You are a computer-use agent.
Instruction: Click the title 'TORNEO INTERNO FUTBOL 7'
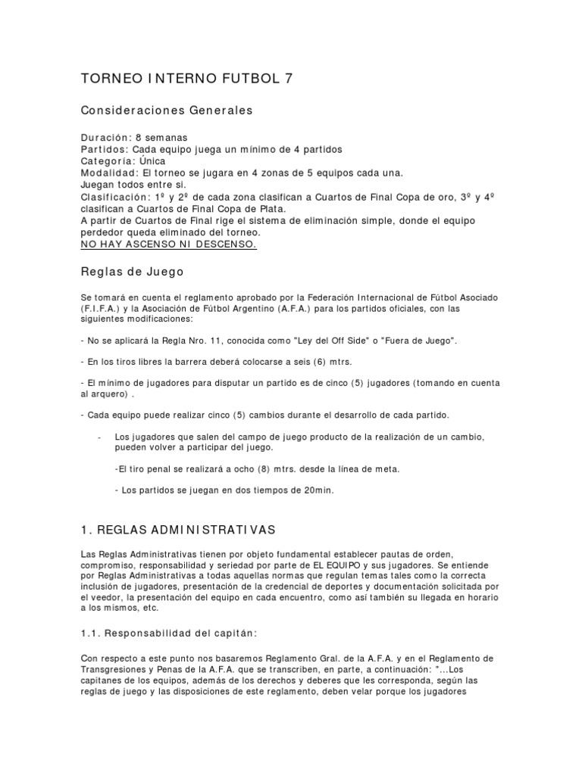click(x=186, y=79)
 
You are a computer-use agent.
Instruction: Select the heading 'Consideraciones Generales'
click(x=167, y=110)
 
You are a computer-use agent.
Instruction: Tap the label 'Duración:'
click(x=105, y=138)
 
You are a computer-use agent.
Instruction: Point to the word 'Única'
click(x=152, y=161)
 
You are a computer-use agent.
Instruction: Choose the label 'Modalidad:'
click(x=110, y=173)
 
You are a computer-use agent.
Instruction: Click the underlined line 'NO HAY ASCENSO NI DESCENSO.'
click(x=168, y=244)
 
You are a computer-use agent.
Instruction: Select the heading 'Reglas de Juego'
click(x=132, y=271)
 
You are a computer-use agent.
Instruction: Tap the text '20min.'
click(x=318, y=490)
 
